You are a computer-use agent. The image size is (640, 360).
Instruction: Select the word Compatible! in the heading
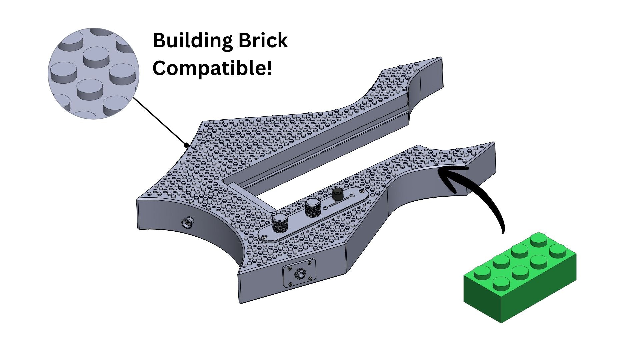[x=212, y=68]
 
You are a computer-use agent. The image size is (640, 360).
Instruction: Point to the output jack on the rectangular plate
[x=299, y=275]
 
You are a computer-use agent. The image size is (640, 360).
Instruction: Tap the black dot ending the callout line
[x=187, y=145]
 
